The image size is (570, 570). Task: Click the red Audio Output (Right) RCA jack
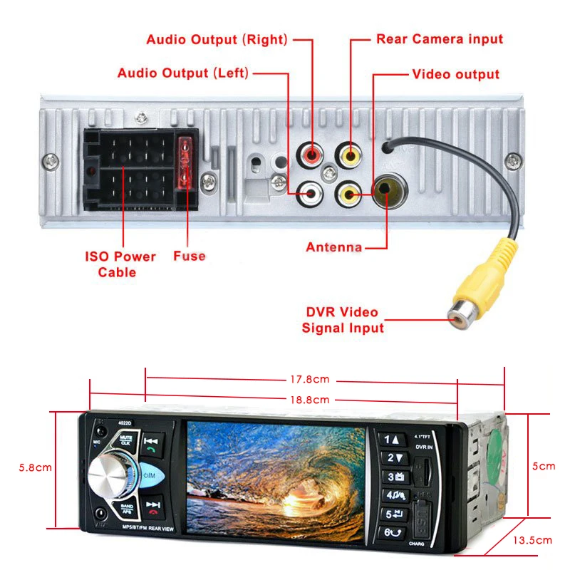[x=312, y=154]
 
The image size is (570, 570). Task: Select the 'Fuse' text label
[x=189, y=256]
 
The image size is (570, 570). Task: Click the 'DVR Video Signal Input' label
[x=342, y=320]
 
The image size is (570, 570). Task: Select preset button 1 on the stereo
[x=392, y=440]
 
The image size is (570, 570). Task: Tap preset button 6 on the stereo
[x=392, y=531]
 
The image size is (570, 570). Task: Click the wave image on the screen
[x=274, y=475]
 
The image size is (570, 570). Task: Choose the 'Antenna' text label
[x=333, y=247]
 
